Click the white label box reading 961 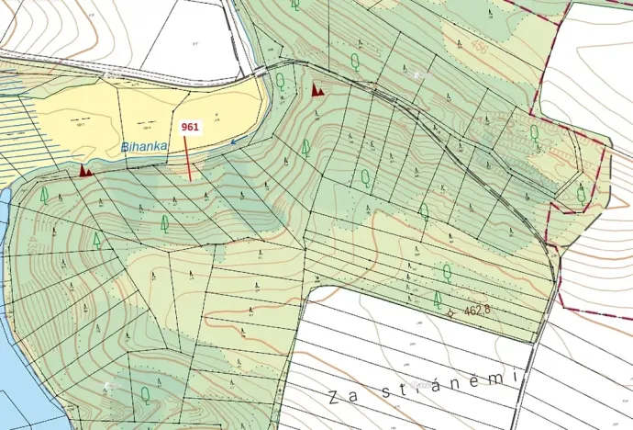[191, 127]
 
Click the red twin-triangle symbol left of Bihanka [85, 170]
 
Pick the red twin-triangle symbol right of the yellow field [318, 90]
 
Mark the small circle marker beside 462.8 [450, 312]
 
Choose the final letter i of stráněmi [516, 376]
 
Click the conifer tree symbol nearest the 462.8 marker [438, 299]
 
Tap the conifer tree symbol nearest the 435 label [96, 241]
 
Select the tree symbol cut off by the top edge [295, 4]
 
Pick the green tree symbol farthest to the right [582, 194]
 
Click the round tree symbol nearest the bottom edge [145, 394]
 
